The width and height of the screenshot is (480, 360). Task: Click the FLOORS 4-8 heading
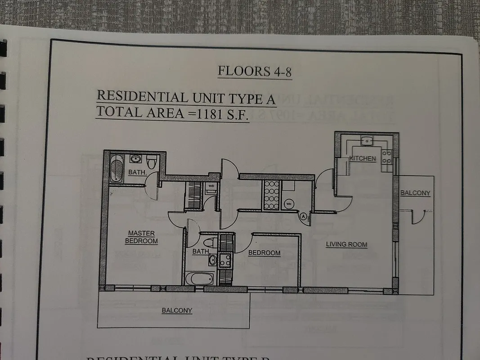point(255,71)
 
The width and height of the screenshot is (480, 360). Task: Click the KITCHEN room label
point(362,158)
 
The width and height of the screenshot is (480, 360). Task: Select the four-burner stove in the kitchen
point(386,157)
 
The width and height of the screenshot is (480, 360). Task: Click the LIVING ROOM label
point(346,244)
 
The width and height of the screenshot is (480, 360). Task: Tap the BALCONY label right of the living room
point(415,193)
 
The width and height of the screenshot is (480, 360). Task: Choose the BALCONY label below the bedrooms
point(177,310)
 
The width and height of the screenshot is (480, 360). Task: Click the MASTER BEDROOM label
point(141,237)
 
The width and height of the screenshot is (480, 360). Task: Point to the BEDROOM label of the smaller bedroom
point(264,253)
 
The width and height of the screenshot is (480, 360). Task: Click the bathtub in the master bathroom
point(117,168)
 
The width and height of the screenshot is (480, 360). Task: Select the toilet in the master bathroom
point(152,161)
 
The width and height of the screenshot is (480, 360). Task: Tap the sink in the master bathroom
point(135,158)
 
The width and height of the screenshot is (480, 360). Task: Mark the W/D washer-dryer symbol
point(211,185)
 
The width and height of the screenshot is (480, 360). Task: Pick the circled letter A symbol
point(304,216)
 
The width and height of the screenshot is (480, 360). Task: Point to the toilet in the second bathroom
point(210,243)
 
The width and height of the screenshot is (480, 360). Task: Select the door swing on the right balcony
point(417,217)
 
